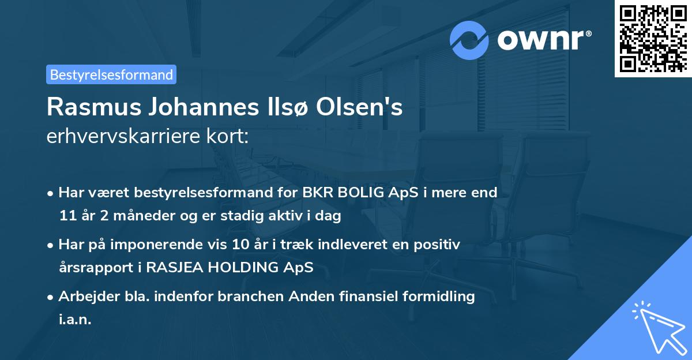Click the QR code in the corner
point(653,38)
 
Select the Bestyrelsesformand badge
point(111,74)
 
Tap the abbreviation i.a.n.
point(75,320)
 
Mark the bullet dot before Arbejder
point(51,297)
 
